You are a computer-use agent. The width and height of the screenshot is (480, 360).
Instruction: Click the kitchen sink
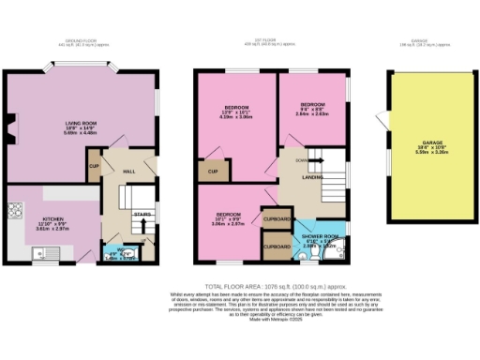pos(42,252)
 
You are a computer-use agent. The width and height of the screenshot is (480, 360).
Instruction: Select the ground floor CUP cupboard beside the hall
pos(94,167)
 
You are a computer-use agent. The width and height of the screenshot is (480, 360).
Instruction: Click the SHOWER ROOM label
pos(320,236)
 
